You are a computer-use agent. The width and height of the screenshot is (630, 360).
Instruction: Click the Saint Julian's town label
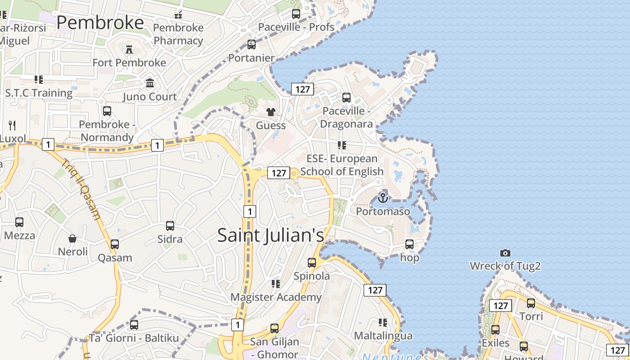click(270, 235)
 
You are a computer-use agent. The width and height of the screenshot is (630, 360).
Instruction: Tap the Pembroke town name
click(100, 22)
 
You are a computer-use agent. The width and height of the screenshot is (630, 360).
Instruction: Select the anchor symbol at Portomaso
click(383, 197)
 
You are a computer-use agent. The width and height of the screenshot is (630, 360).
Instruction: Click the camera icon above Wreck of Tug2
click(505, 253)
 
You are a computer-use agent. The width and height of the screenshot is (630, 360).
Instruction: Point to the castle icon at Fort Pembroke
click(129, 49)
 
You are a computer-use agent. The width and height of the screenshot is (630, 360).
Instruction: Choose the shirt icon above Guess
click(270, 112)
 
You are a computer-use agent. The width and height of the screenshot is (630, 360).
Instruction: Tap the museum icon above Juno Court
click(150, 83)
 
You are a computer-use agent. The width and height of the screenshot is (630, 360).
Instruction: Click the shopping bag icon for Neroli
click(72, 238)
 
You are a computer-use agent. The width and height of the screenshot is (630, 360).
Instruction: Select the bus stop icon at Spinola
click(312, 262)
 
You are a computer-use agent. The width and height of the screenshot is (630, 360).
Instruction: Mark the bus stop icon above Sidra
click(170, 225)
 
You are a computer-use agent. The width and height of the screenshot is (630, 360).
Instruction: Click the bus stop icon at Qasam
click(115, 244)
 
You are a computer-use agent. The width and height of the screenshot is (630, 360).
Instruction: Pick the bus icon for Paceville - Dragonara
click(346, 97)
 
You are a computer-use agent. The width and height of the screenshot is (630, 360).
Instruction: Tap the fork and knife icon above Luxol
click(12, 125)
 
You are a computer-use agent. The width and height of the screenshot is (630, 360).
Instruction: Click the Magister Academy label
click(276, 297)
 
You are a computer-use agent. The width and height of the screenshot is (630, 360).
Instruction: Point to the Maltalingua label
click(383, 336)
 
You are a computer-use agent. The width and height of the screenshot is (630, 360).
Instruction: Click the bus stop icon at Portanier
click(252, 45)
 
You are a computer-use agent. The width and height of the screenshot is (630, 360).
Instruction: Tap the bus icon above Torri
click(531, 303)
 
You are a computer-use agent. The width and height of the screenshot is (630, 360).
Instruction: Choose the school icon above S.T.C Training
click(39, 80)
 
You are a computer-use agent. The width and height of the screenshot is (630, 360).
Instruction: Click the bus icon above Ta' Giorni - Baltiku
click(134, 324)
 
